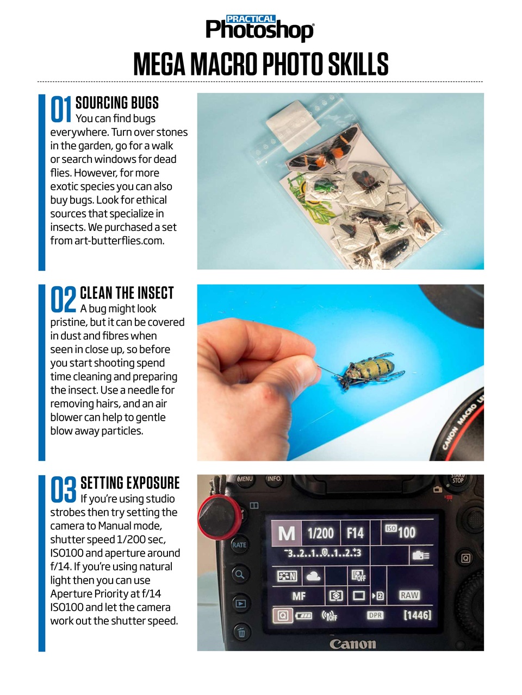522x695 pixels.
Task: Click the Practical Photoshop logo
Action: coord(260,28)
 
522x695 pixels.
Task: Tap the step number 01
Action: coord(61,109)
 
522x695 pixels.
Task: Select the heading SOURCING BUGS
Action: coord(117,103)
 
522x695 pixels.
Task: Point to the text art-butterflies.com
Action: coord(119,241)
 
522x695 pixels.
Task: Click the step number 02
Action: coord(63,300)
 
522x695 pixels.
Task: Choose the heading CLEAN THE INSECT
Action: coord(127,293)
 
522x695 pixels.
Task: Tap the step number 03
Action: coord(63,490)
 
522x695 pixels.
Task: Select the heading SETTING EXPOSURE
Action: coord(130,483)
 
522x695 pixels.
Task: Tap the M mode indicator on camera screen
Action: coord(287,533)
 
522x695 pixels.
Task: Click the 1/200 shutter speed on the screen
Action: coord(320,533)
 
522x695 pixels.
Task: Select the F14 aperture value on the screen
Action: coord(355,533)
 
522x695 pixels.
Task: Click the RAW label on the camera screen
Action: coord(409,595)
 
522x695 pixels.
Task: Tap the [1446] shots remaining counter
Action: coord(417,615)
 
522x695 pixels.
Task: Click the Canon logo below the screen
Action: coord(352,644)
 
